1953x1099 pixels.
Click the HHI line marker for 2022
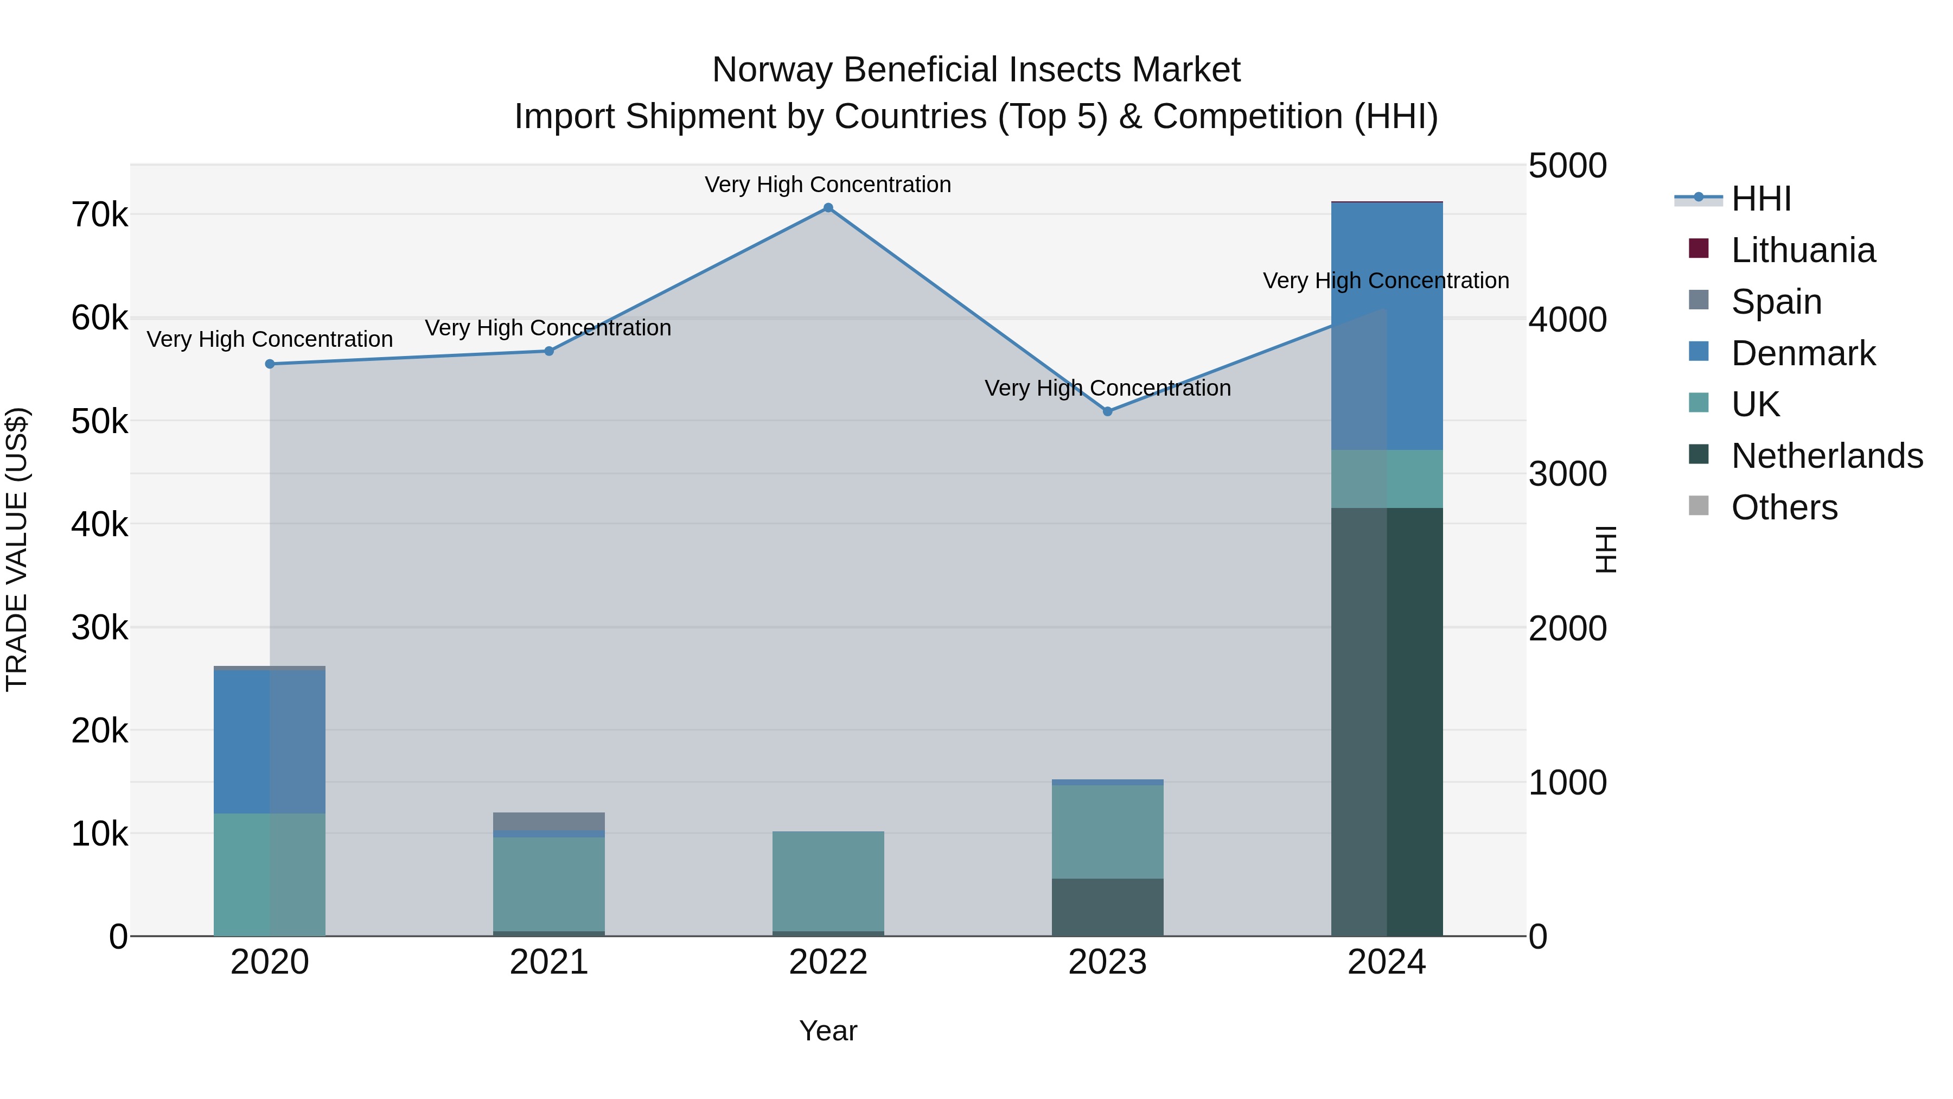click(828, 208)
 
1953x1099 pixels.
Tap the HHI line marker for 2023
click(1108, 411)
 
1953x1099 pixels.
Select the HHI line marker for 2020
click(270, 364)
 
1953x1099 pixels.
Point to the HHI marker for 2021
click(549, 351)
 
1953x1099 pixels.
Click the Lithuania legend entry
click(1803, 250)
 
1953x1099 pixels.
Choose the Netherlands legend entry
click(1827, 456)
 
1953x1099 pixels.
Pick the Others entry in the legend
click(1784, 507)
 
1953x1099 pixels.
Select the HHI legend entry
click(1760, 199)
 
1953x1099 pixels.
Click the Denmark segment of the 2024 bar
click(1387, 326)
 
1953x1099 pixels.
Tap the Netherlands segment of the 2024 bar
click(1387, 721)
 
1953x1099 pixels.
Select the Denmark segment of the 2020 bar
click(270, 742)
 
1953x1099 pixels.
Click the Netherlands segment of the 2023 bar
click(1108, 907)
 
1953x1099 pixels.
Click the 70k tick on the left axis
click(99, 215)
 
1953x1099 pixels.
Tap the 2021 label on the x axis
click(549, 962)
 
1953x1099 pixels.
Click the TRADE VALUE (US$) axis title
click(17, 549)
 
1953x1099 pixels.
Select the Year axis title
click(828, 1031)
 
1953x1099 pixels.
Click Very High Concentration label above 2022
click(828, 185)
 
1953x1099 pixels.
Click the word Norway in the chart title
click(772, 70)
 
